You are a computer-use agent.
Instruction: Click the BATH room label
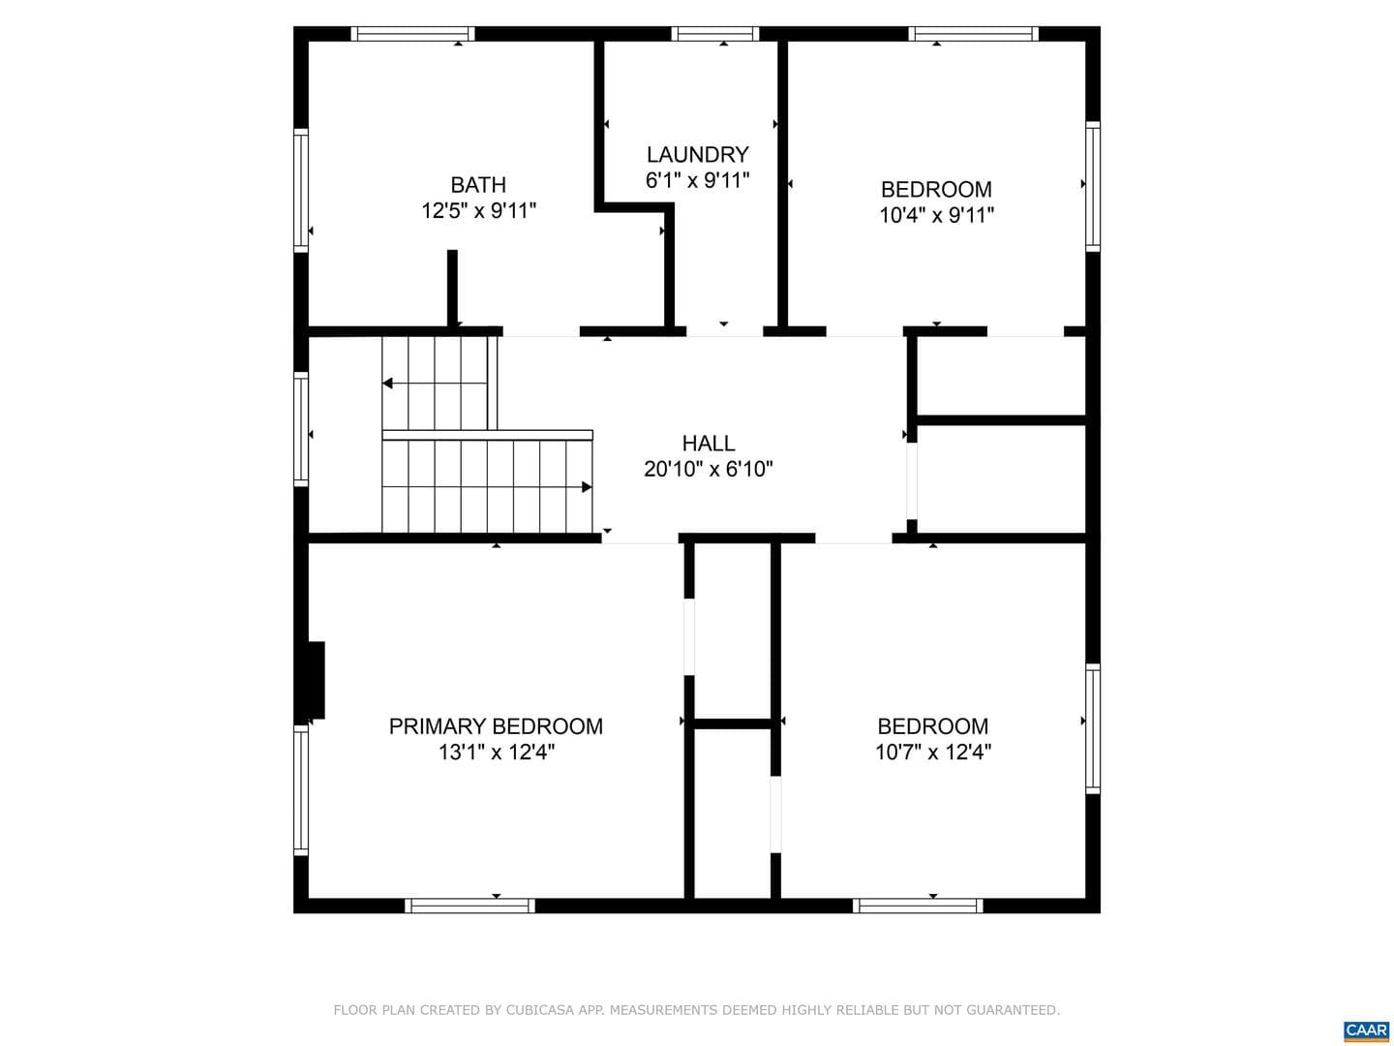point(478,185)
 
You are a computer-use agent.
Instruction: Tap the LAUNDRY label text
point(697,154)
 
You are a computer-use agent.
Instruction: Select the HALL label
point(708,443)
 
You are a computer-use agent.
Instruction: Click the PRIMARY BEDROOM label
point(496,726)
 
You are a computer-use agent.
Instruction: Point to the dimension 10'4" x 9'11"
point(936,215)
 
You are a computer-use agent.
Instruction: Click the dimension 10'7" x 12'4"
point(933,752)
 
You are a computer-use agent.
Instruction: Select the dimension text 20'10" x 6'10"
point(708,469)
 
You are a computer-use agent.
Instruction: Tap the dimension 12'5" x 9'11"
point(479,210)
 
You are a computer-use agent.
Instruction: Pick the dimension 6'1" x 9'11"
point(697,180)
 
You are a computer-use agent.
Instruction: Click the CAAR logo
point(1366,1029)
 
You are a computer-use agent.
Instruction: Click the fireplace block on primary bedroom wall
point(317,680)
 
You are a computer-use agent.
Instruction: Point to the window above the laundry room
point(715,34)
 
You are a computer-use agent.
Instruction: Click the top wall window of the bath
point(412,34)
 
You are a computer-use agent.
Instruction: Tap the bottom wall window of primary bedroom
point(470,906)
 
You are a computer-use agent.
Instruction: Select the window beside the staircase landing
point(300,429)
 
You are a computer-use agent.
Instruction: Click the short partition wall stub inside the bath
point(452,288)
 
